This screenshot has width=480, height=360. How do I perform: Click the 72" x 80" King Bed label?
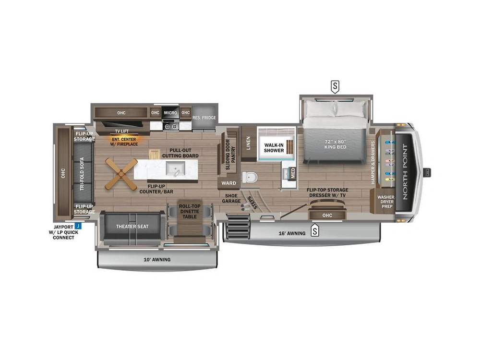coord(336,144)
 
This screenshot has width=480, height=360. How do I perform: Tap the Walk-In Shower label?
coord(274,147)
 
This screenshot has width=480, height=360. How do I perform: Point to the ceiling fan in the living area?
coord(121,174)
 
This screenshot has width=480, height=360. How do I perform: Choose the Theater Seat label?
coord(132,227)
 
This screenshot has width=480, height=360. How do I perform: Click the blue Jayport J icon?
coord(78,226)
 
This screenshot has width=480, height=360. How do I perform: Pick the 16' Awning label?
coord(292,234)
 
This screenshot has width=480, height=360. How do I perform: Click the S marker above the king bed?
coord(335,87)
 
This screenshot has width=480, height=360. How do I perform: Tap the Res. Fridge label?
coord(204,118)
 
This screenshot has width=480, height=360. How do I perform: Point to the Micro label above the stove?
coord(170,113)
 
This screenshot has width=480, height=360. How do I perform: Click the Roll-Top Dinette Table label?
coord(189,212)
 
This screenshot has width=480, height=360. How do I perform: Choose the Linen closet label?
coord(248,143)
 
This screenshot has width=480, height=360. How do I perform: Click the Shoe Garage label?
coord(231,198)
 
